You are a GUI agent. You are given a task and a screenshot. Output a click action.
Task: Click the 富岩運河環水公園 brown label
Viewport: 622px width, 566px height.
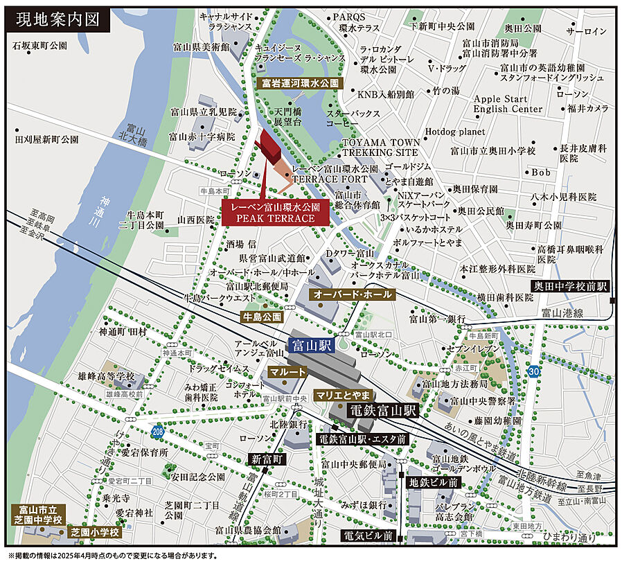[301, 82]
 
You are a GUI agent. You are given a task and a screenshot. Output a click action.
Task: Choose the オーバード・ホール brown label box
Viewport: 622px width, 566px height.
[353, 294]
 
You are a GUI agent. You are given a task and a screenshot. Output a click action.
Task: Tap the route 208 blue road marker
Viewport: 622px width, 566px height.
[159, 430]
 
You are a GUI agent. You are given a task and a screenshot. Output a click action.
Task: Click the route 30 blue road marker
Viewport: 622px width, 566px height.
[533, 372]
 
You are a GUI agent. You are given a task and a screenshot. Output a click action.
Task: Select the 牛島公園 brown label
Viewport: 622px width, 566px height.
[262, 317]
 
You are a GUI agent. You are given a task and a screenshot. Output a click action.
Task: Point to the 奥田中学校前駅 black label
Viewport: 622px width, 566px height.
[570, 285]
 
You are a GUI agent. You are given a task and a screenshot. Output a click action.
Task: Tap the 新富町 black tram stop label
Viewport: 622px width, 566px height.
[267, 459]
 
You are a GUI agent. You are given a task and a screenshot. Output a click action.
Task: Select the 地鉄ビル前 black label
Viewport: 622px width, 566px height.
[433, 482]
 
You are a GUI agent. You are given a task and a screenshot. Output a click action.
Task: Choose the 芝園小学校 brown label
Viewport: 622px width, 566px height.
[95, 533]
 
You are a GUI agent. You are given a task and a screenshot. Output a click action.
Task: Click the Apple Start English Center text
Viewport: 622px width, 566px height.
[508, 104]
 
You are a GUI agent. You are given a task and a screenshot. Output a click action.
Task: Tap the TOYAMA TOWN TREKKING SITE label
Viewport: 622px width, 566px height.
[380, 147]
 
